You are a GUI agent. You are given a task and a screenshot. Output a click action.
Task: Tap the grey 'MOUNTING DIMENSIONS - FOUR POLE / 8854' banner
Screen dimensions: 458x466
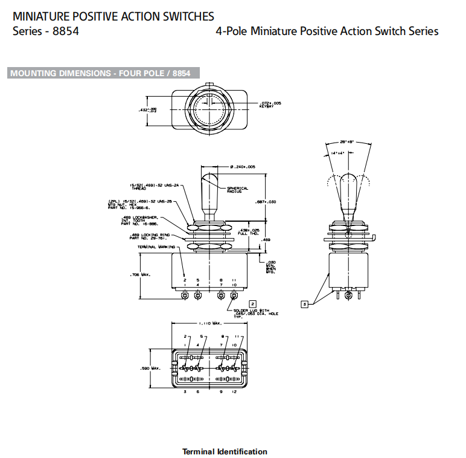pos(100,73)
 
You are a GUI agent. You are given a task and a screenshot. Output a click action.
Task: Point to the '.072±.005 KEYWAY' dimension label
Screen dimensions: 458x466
pos(270,105)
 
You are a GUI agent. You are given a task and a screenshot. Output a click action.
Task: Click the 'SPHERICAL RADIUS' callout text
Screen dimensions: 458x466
pos(237,190)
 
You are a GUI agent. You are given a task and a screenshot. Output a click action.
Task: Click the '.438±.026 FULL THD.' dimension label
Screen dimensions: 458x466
pos(249,231)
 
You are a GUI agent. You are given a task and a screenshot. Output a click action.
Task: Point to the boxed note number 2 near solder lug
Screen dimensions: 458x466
pos(253,303)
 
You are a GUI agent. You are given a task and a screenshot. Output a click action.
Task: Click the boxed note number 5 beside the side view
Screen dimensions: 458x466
pos(305,304)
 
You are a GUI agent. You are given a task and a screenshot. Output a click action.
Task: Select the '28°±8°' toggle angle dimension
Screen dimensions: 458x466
pos(346,141)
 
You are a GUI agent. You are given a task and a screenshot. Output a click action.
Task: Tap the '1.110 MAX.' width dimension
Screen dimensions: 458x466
pos(209,325)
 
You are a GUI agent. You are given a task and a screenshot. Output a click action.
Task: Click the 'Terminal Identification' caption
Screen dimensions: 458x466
pos(225,451)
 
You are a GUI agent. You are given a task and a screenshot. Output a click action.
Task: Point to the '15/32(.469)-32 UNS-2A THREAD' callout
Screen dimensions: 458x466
pos(146,187)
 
